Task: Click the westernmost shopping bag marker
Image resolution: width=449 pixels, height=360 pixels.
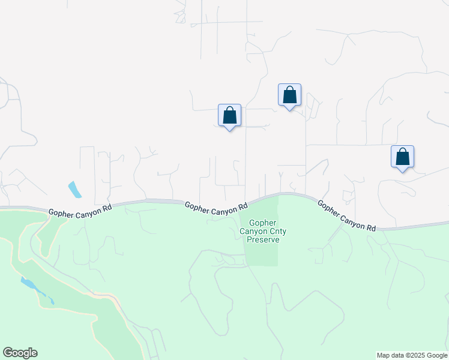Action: click(x=229, y=115)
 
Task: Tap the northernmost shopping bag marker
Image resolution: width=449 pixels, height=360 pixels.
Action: click(x=289, y=95)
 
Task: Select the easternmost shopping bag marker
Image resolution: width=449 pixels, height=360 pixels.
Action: click(x=402, y=157)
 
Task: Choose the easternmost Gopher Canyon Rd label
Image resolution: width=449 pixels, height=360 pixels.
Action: click(x=346, y=216)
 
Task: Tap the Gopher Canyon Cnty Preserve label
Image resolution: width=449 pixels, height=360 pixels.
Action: click(x=260, y=231)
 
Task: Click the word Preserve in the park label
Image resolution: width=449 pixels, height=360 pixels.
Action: click(x=260, y=239)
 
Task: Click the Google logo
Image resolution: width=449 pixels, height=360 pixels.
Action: click(x=20, y=353)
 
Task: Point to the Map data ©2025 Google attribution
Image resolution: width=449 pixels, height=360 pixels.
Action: click(x=412, y=355)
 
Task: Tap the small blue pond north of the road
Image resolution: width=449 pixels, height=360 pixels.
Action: click(x=75, y=190)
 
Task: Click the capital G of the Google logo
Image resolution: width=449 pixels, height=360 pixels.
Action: click(x=8, y=353)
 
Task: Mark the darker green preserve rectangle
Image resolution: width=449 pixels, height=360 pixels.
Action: click(x=262, y=252)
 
